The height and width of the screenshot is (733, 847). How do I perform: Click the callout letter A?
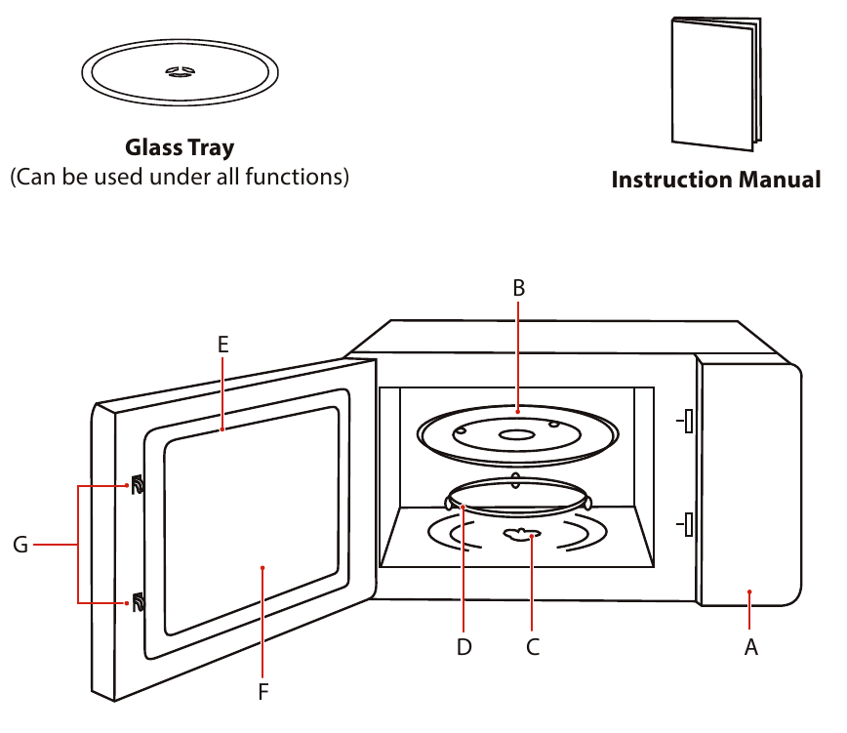pos(750,646)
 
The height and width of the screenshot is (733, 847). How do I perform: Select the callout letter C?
pos(532,646)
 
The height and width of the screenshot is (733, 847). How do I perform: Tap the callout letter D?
pos(464,646)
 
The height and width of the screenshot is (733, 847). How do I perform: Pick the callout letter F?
pos(262,692)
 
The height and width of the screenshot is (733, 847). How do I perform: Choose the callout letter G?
pos(20,545)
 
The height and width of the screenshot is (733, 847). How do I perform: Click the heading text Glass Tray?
pos(180,148)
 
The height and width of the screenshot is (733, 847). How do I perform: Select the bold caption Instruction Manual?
pos(715,180)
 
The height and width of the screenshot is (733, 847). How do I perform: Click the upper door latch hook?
pos(137,484)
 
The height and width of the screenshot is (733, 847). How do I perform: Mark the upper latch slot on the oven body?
pos(688,421)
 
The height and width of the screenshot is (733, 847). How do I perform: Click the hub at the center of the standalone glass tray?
pos(180,71)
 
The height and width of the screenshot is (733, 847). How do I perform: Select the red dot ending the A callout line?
pos(749,591)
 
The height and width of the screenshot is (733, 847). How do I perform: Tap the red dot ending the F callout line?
pos(262,566)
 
